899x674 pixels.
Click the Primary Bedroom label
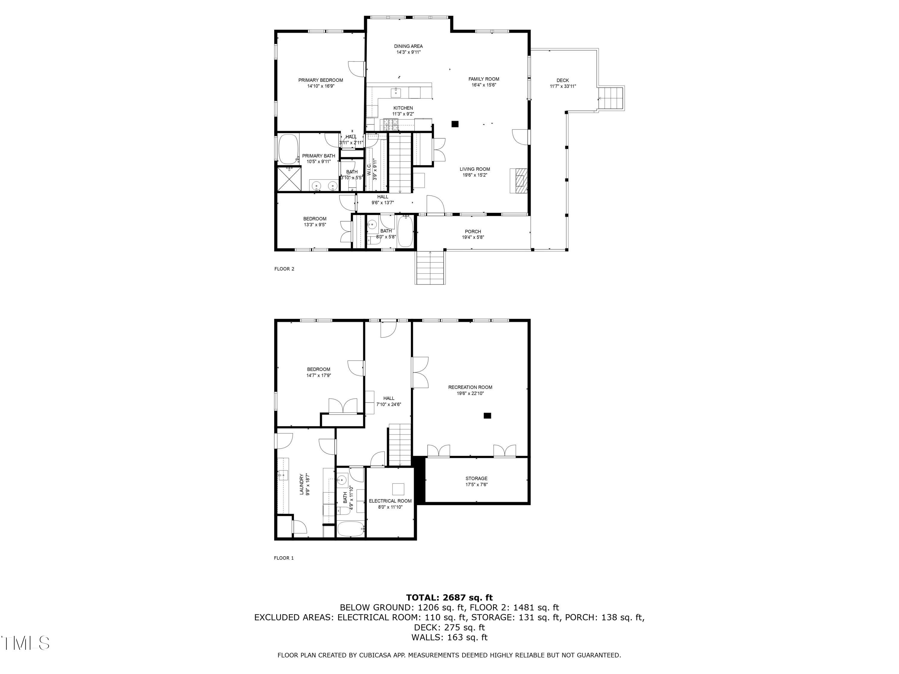320,80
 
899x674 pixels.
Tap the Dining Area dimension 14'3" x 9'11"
408,52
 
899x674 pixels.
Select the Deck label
562,81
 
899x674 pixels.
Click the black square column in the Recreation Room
487,415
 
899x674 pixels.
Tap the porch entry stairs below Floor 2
430,268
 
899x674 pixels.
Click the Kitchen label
403,108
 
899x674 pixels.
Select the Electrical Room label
390,501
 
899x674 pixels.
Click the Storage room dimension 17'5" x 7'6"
476,485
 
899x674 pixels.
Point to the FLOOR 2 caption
284,269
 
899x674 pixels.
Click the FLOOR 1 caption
284,558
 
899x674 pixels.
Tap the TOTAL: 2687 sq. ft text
449,598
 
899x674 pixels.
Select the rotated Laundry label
301,484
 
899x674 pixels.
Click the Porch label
473,232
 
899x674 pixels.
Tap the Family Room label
484,79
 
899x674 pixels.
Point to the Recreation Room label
470,387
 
